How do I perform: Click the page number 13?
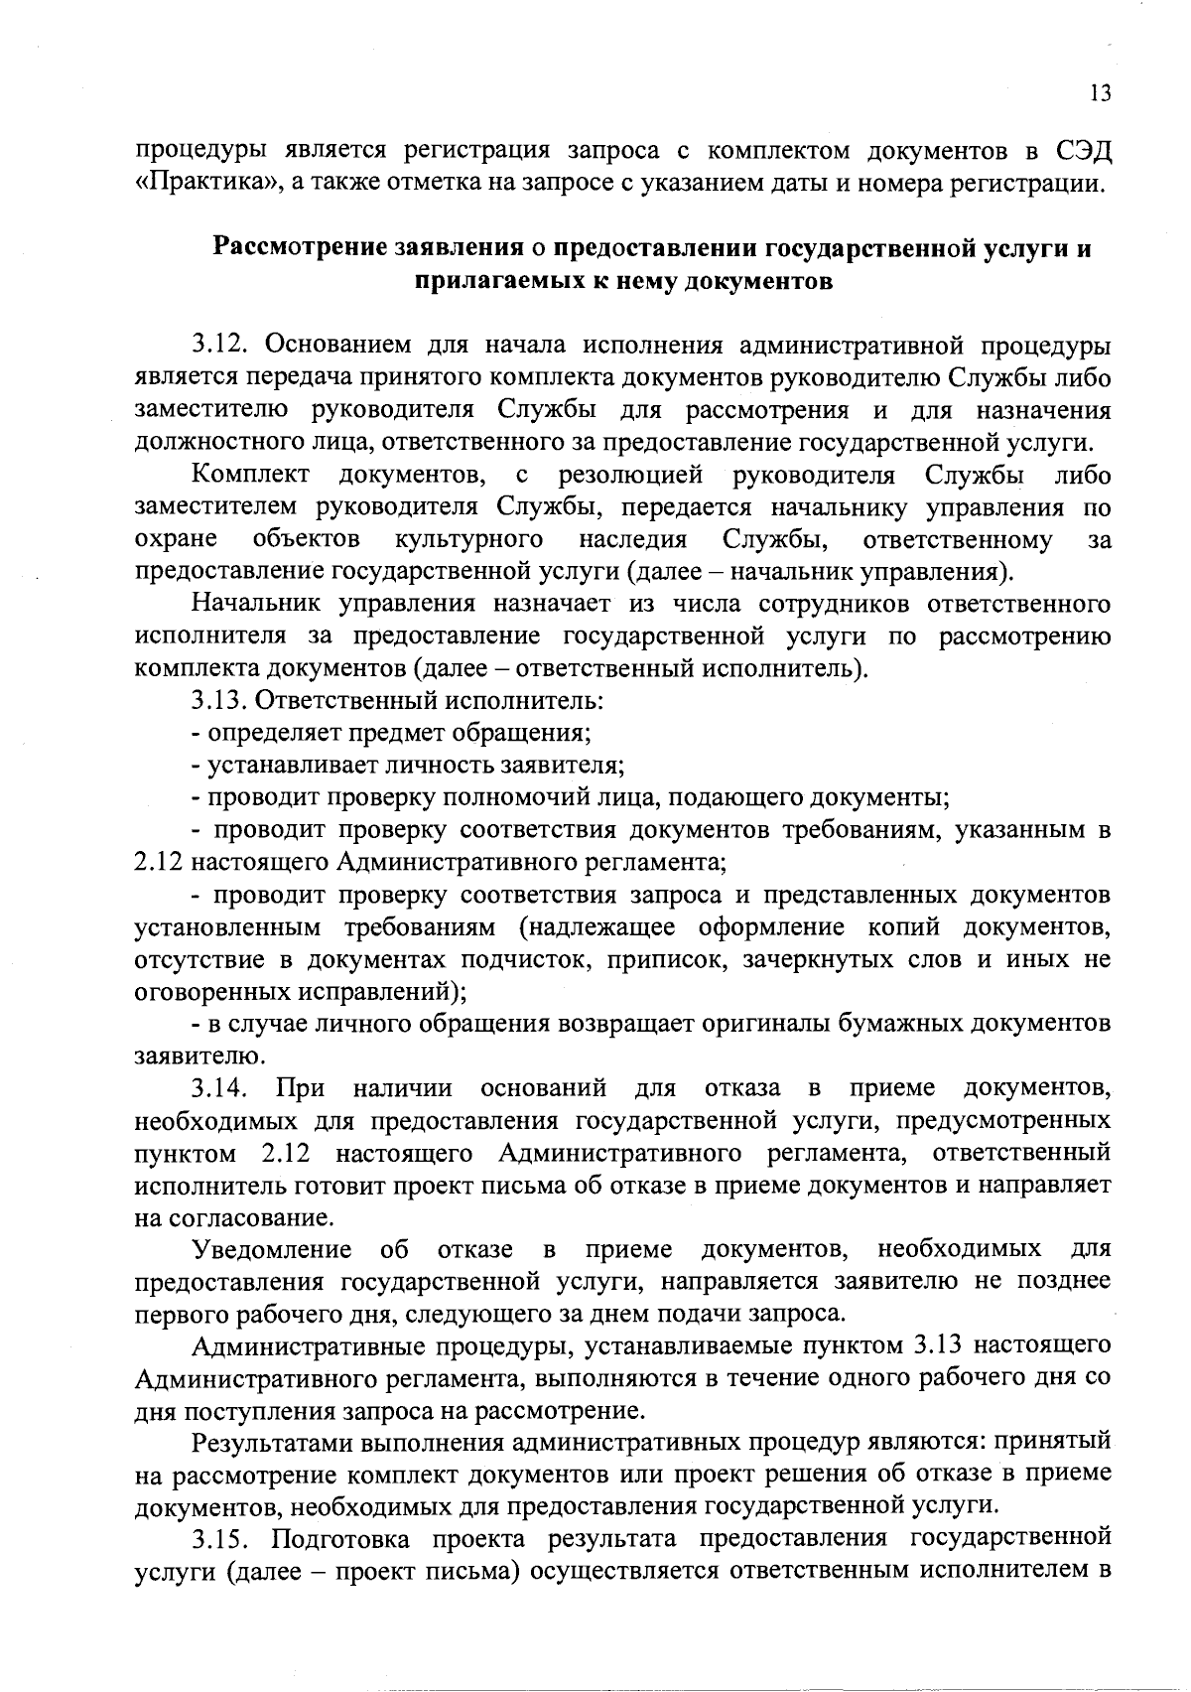(x=1100, y=93)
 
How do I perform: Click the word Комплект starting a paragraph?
(x=252, y=475)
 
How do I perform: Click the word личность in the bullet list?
(x=389, y=765)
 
